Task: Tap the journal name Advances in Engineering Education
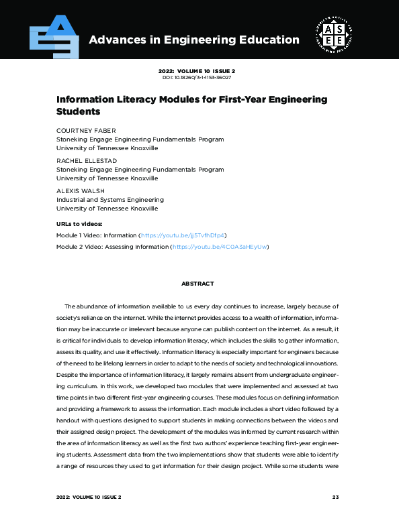pyautogui.click(x=194, y=40)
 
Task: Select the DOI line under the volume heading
pyautogui.click(x=199, y=78)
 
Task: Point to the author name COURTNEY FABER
pyautogui.click(x=85, y=131)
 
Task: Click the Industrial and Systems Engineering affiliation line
pyautogui.click(x=109, y=200)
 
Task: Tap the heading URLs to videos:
pyautogui.click(x=79, y=223)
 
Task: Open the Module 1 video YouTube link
pyautogui.click(x=182, y=236)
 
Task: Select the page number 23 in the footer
pyautogui.click(x=336, y=498)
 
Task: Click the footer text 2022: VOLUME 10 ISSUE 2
pyautogui.click(x=89, y=498)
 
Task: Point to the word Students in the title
pyautogui.click(x=78, y=111)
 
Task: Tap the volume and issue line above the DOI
pyautogui.click(x=199, y=70)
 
